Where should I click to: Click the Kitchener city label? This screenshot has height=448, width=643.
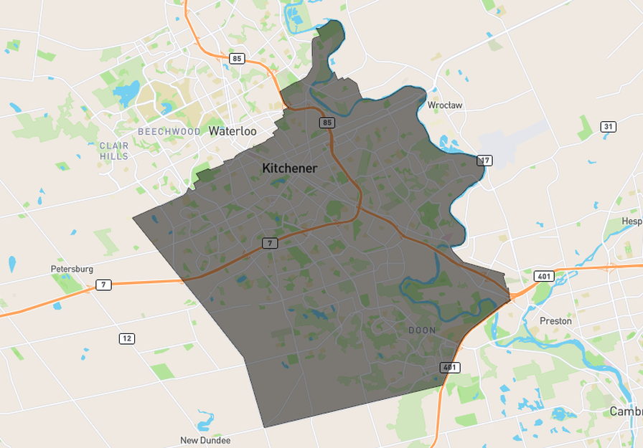point(289,168)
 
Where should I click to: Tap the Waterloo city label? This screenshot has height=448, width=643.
point(233,131)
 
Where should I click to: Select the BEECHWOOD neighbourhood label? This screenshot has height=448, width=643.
point(169,132)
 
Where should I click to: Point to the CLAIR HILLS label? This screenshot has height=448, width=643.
point(114,151)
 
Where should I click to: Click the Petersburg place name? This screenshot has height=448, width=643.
point(72,269)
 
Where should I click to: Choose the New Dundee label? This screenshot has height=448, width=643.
point(205,440)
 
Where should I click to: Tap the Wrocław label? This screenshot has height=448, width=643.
point(445,105)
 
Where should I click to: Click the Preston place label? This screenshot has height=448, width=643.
point(555,321)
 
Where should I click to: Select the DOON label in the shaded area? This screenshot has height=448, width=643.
point(422,330)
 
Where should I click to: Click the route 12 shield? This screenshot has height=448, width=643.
point(127,338)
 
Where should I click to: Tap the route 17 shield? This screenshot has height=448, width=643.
point(485,161)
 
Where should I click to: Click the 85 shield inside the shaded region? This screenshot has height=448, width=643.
point(327,123)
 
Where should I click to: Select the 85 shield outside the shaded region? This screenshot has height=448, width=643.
point(238,59)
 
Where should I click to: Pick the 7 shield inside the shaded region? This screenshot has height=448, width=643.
point(269,243)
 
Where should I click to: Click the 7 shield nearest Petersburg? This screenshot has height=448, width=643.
point(104,285)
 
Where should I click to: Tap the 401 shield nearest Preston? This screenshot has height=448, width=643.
point(543,276)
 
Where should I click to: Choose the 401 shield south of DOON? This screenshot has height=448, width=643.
point(450,368)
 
